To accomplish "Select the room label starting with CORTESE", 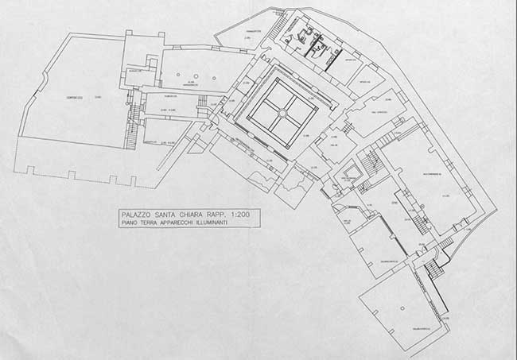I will coord(76,97).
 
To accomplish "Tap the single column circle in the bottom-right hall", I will coord(402,308).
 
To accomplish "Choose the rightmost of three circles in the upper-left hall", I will coord(216,79).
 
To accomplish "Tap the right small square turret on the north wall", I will coord(161,34).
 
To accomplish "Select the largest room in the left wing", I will coord(76,107).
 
